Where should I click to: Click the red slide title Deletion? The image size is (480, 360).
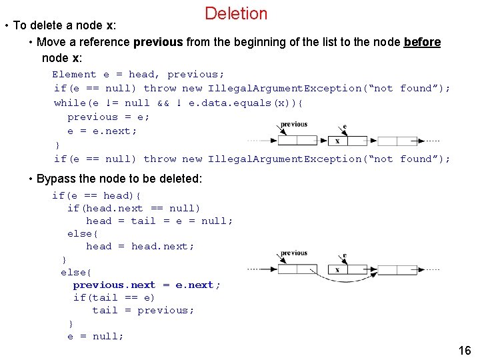[x=236, y=13]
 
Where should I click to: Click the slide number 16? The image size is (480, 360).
[x=465, y=351]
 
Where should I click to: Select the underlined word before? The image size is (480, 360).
[x=422, y=42]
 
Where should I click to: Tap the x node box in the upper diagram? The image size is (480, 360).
[x=337, y=141]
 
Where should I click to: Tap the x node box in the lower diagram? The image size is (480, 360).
[x=337, y=269]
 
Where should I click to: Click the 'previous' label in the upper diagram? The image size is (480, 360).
[x=294, y=124]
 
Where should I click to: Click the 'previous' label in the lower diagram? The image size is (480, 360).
[x=294, y=253]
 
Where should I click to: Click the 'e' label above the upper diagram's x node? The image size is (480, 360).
[x=344, y=127]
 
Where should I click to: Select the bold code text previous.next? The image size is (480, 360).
[x=114, y=285]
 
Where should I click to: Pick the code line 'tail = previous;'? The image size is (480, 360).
[x=143, y=310]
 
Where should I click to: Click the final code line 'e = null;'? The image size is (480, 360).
[x=95, y=336]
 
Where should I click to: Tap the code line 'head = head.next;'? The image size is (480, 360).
[x=140, y=246]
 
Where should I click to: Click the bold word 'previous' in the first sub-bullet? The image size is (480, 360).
[x=158, y=42]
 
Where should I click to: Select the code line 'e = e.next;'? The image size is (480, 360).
[x=102, y=131]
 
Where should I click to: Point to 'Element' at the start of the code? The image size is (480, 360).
[x=74, y=74]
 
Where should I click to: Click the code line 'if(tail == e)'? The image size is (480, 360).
[x=113, y=297]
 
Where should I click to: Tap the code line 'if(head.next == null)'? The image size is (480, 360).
[x=133, y=208]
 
